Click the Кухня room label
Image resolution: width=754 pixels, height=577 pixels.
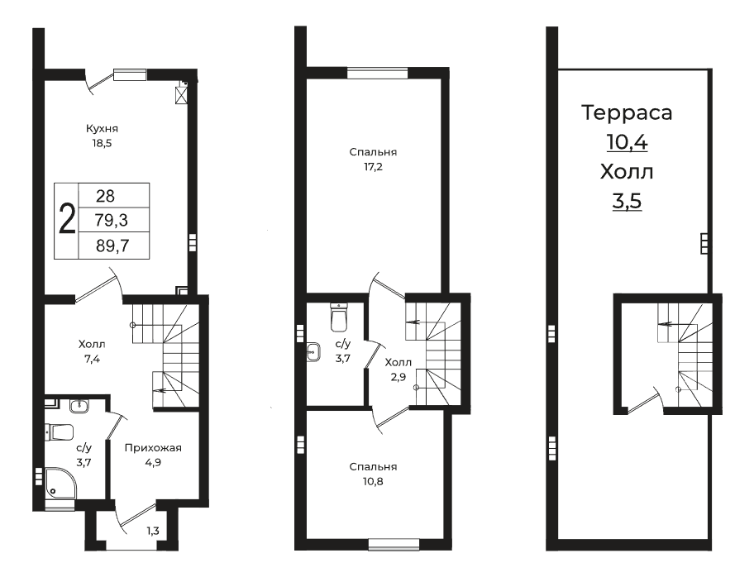102,129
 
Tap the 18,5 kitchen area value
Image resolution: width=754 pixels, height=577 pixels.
102,143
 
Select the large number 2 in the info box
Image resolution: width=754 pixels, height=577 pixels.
67,219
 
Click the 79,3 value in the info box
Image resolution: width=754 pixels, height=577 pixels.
112,220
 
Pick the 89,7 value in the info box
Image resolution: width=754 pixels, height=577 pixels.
112,246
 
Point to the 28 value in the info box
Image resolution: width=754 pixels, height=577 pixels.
105,196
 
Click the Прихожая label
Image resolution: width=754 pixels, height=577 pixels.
153,448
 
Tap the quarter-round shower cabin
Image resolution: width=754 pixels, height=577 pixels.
60,483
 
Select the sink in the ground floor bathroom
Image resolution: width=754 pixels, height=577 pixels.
79,407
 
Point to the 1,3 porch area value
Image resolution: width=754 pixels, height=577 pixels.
153,532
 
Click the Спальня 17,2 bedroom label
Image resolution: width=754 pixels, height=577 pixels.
373,160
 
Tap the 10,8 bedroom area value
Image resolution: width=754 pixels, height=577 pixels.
373,481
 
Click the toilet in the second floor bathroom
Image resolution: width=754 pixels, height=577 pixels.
339,317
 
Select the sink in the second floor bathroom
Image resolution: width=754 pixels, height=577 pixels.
313,351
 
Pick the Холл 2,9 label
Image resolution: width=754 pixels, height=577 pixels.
398,370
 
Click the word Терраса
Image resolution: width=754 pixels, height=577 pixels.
627,112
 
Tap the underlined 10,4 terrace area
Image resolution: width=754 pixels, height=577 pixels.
627,142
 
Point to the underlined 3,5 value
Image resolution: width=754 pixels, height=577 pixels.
627,201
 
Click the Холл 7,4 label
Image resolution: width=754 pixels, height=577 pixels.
92,351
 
